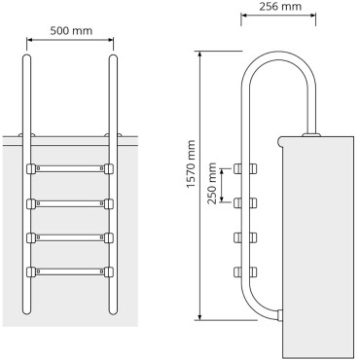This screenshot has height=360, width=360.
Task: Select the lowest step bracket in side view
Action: [236, 270]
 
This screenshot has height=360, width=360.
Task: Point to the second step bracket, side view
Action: [236, 202]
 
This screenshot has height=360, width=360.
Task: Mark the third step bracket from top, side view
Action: [236, 235]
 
